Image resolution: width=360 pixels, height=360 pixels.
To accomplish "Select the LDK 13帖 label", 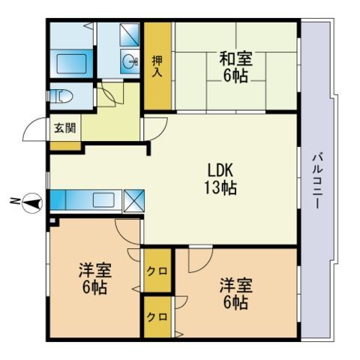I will click(x=221, y=178).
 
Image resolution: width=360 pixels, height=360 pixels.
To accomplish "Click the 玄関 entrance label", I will click(x=64, y=127).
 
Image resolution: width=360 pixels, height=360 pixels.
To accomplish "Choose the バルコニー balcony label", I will click(x=317, y=180).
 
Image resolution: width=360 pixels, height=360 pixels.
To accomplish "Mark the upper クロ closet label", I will click(x=157, y=271).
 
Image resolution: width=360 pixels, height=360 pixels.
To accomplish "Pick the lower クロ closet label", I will click(x=157, y=316).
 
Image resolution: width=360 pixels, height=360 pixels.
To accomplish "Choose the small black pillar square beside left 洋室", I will click(x=52, y=221).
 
